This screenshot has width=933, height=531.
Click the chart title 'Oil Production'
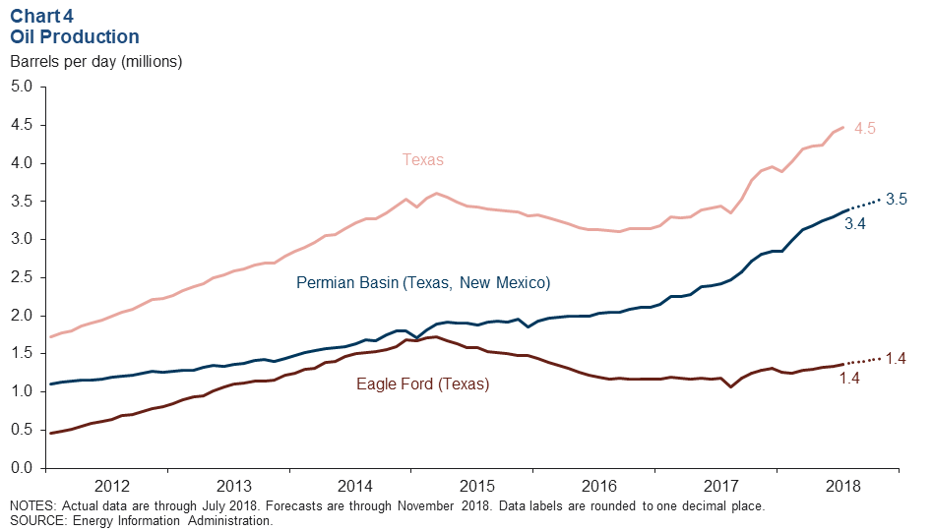pyautogui.click(x=75, y=36)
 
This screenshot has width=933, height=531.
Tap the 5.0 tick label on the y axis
pyautogui.click(x=23, y=87)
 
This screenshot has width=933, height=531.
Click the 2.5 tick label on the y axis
pyautogui.click(x=23, y=277)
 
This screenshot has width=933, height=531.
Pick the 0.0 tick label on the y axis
pyautogui.click(x=23, y=467)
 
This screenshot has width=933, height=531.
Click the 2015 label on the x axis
pyautogui.click(x=476, y=486)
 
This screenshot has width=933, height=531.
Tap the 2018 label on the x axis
pyautogui.click(x=842, y=486)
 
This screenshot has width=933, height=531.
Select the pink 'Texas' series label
pyautogui.click(x=422, y=159)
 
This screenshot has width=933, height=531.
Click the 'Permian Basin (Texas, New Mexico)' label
pyautogui.click(x=423, y=283)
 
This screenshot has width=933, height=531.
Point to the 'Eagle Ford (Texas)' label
pyautogui.click(x=422, y=383)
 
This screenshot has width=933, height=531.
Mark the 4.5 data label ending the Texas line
pyautogui.click(x=864, y=129)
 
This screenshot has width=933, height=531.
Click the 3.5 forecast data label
pyautogui.click(x=896, y=199)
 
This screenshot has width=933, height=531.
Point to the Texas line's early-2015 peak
pyautogui.click(x=436, y=194)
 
